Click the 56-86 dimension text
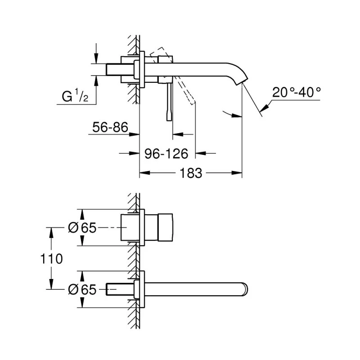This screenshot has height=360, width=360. [110, 128]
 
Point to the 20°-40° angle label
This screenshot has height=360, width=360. [297, 93]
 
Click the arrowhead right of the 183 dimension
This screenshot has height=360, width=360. [238, 172]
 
